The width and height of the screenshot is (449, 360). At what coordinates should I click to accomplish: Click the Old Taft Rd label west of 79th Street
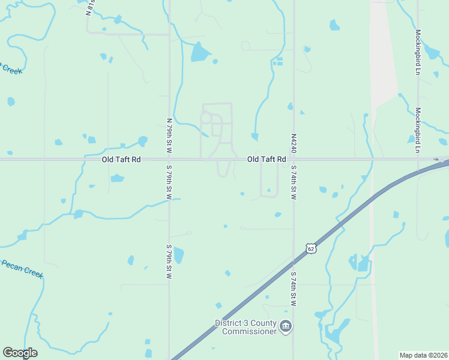click(x=121, y=160)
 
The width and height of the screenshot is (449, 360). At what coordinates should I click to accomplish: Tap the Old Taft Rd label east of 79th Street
click(x=266, y=160)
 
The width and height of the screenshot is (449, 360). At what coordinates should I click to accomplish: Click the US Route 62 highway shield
click(x=310, y=248)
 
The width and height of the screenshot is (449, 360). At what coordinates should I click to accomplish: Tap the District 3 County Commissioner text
click(x=246, y=327)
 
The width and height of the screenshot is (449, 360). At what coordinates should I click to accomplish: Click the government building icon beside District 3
click(x=286, y=327)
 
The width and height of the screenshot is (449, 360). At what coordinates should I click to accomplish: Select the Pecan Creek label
click(x=21, y=269)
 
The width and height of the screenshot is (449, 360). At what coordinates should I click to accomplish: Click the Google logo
click(x=20, y=353)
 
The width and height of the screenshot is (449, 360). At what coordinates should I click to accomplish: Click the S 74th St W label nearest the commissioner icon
click(x=294, y=290)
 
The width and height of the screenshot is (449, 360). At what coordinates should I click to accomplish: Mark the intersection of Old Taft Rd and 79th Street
click(x=169, y=160)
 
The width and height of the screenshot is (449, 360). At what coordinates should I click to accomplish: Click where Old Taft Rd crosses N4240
click(x=294, y=160)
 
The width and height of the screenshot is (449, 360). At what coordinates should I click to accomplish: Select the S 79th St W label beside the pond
click(x=169, y=262)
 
